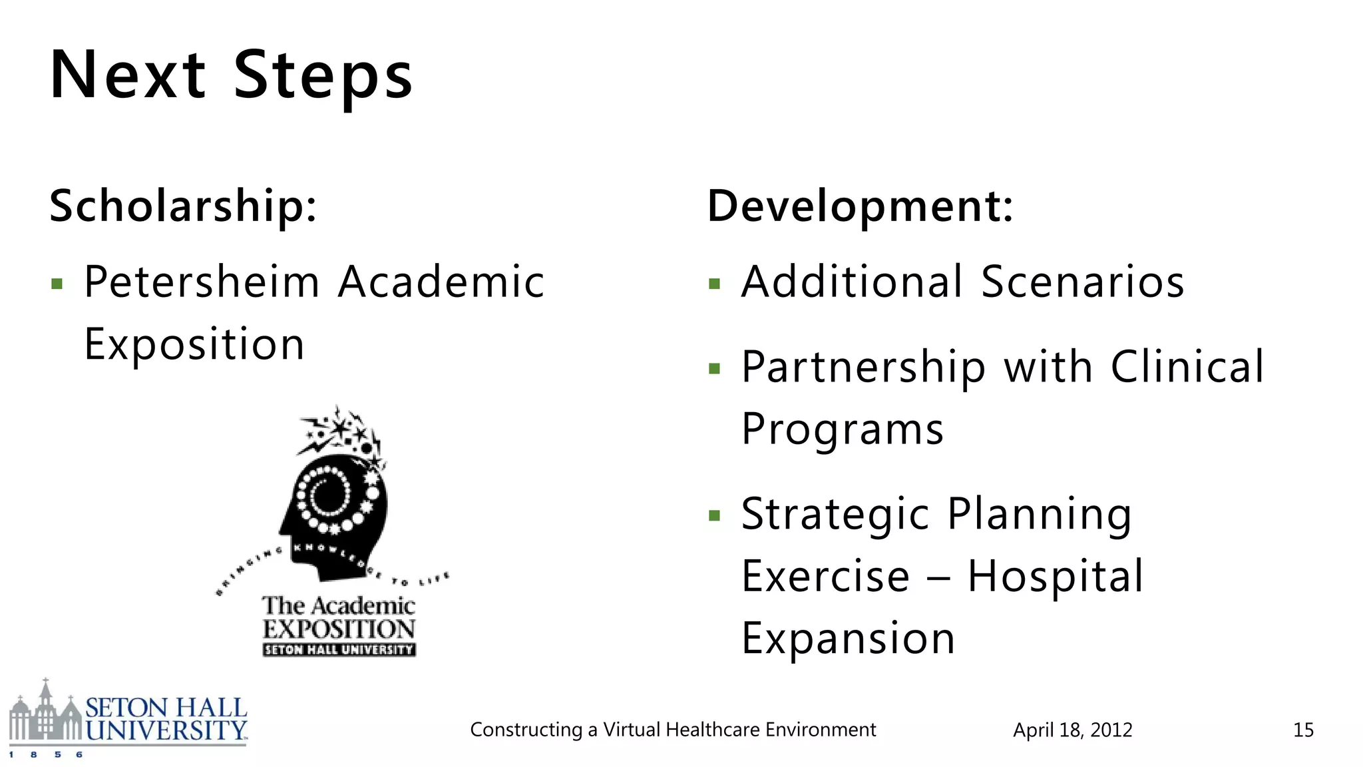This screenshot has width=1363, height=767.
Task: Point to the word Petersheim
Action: pos(202,282)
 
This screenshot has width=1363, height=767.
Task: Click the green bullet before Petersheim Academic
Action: pos(57,285)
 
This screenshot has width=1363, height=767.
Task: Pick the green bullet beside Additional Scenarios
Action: pos(715,285)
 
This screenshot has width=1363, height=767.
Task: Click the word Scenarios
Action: pos(1083,282)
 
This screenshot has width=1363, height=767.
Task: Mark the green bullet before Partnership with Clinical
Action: pos(715,369)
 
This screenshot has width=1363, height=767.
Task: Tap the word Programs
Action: pos(843,429)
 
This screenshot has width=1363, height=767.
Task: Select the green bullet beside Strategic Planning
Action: pos(715,516)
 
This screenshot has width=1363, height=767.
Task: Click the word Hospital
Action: pos(1056,576)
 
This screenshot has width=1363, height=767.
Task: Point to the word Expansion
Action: pos(849,638)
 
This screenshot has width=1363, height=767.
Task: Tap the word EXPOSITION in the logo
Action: pos(339,629)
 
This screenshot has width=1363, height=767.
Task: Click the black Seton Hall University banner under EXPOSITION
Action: pos(339,650)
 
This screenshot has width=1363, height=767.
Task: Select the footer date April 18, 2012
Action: pos(1072,730)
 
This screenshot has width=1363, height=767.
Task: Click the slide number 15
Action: pos(1303,730)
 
